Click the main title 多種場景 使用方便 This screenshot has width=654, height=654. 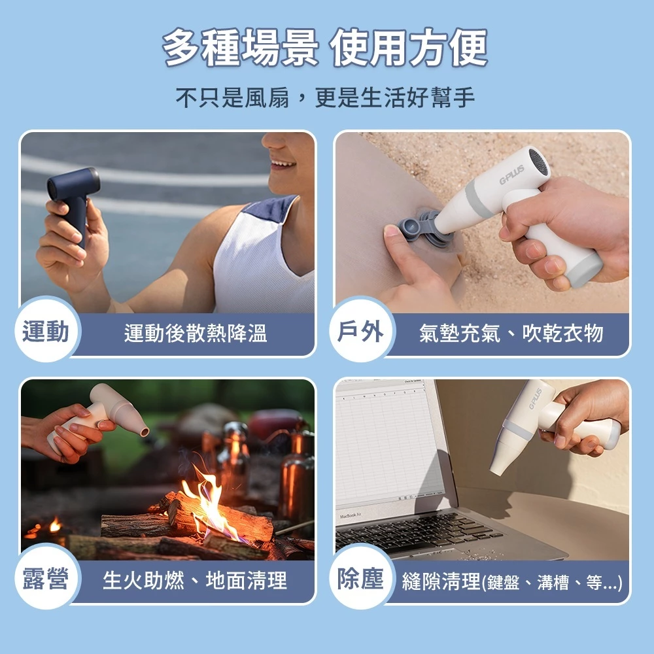pyautogui.click(x=325, y=49)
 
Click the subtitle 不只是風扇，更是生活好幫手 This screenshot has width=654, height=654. pyautogui.click(x=325, y=99)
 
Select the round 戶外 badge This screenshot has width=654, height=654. pyautogui.click(x=360, y=333)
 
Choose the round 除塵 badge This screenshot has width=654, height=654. pyautogui.click(x=360, y=579)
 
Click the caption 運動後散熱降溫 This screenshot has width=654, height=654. pyautogui.click(x=195, y=334)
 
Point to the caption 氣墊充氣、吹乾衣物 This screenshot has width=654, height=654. pyautogui.click(x=510, y=334)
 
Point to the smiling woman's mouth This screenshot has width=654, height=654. pyautogui.click(x=283, y=163)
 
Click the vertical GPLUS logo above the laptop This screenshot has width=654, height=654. pyautogui.click(x=535, y=399)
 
